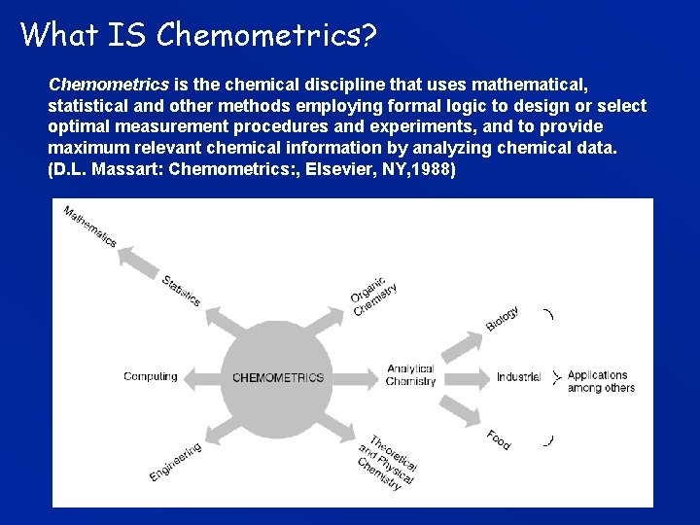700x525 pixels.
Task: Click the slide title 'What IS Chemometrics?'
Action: click(198, 35)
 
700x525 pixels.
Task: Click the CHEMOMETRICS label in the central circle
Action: click(278, 377)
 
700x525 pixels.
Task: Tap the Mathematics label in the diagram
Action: click(90, 226)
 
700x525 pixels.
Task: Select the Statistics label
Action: click(182, 291)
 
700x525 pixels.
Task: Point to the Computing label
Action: click(151, 376)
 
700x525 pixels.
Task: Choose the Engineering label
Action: click(176, 461)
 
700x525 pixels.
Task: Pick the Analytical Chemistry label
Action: click(410, 376)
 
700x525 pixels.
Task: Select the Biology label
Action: click(503, 318)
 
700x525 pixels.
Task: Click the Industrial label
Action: click(518, 377)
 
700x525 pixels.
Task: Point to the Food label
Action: click(499, 439)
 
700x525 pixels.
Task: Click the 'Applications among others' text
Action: click(601, 381)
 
